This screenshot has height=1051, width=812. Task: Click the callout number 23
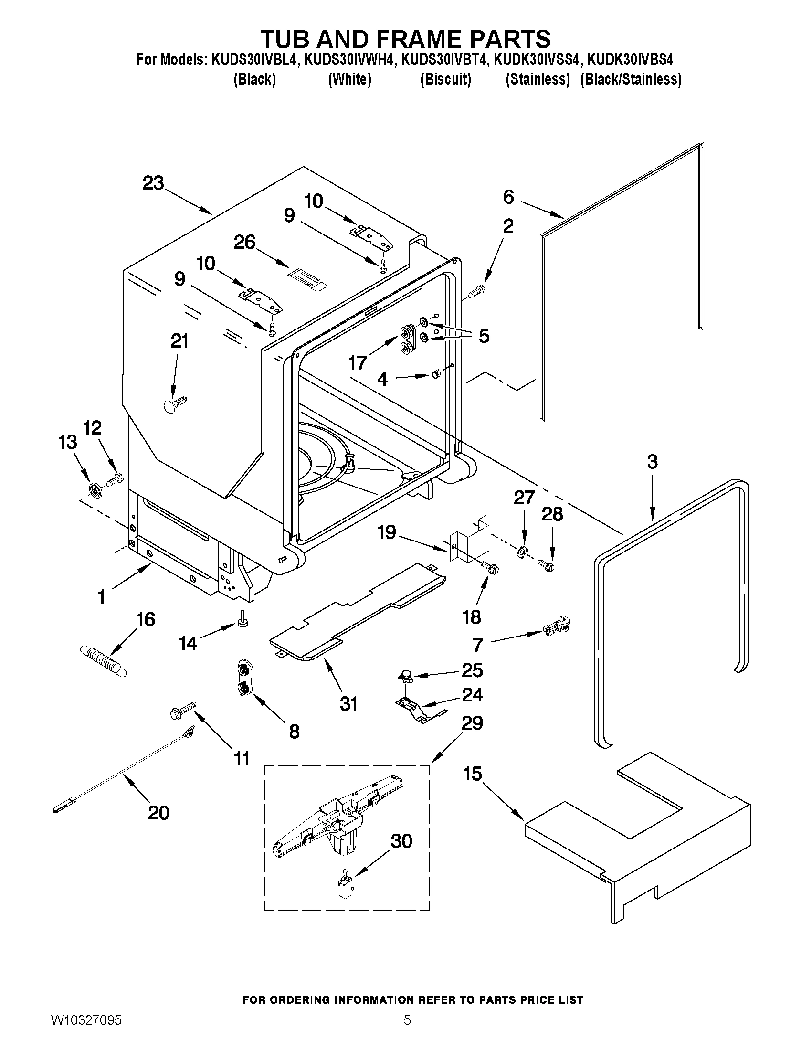click(x=153, y=183)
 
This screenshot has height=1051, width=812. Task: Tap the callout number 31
click(x=349, y=703)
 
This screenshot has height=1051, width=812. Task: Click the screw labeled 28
click(x=546, y=564)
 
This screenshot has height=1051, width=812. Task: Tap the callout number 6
click(x=508, y=197)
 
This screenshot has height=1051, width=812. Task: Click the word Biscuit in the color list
click(x=445, y=79)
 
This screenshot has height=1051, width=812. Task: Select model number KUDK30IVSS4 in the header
click(x=538, y=60)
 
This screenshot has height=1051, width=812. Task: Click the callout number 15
click(x=473, y=774)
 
